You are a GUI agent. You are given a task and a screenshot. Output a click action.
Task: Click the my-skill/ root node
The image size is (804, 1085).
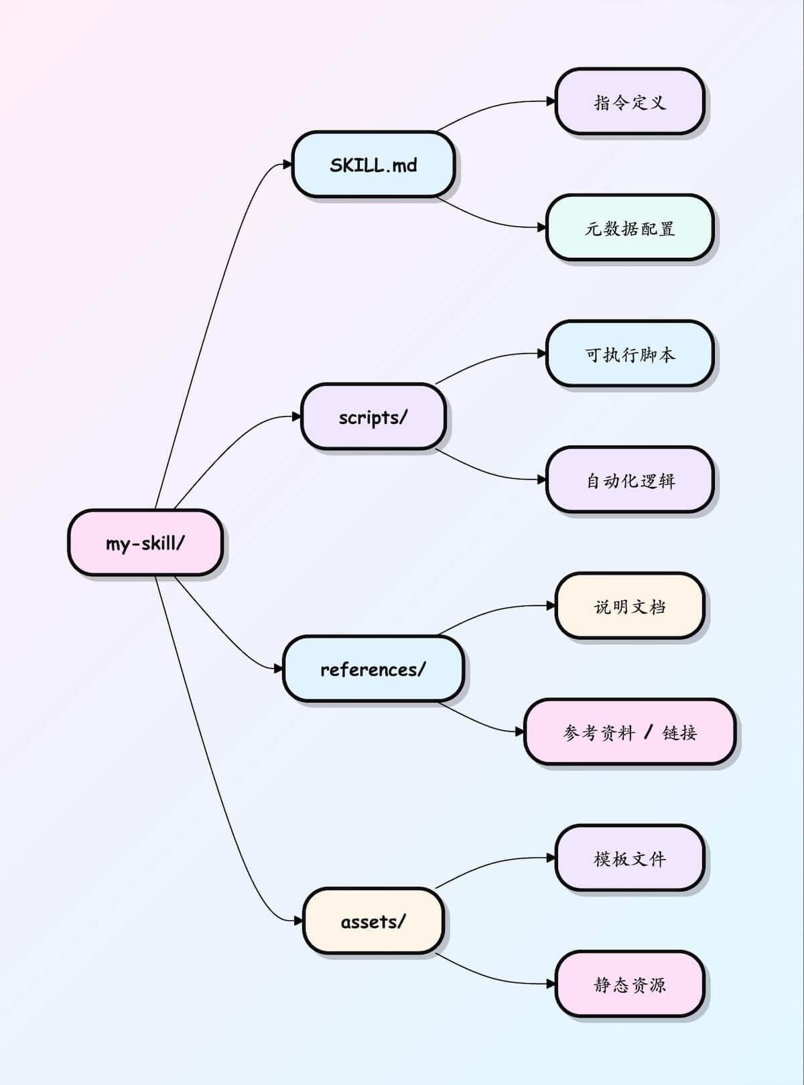coord(145,542)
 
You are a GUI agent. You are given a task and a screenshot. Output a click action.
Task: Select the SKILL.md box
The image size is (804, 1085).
coord(373,165)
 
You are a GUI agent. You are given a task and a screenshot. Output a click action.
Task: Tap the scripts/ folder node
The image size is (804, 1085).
coord(373,417)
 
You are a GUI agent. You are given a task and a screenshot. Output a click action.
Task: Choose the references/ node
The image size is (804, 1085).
coord(373,669)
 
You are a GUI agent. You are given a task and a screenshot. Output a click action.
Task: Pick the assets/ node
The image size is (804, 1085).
coord(373,921)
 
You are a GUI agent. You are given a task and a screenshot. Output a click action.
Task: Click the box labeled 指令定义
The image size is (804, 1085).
coord(630,102)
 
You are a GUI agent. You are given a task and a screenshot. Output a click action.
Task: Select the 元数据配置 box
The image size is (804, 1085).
coord(630,228)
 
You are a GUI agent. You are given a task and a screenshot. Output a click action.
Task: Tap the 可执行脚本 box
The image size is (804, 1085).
coord(630,354)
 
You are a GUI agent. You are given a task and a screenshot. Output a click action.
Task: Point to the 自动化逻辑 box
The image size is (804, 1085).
coord(630,480)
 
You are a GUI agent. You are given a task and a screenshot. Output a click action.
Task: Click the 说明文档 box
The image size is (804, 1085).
coord(630,606)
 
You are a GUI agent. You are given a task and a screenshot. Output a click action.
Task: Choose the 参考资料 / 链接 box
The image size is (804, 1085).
coord(630,732)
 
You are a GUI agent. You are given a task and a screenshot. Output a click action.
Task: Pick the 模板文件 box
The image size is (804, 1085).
coord(630,858)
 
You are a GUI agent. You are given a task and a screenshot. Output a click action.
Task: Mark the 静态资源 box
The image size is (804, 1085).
coord(630,984)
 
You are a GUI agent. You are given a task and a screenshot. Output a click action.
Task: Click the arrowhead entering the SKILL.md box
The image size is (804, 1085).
coord(288,165)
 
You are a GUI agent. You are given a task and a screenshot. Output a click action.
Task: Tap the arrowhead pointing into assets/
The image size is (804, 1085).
coord(298,921)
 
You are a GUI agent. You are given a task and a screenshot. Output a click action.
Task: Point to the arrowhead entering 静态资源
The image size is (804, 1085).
coord(551,984)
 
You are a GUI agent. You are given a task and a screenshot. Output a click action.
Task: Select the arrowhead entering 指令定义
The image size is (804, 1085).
coord(551,102)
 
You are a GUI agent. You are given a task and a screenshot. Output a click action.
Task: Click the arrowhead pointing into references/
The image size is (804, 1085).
coord(279,669)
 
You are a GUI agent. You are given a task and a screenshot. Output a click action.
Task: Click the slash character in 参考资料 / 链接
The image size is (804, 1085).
coord(648,732)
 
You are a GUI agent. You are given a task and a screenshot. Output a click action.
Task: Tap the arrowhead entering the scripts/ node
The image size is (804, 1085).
coord(297,417)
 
